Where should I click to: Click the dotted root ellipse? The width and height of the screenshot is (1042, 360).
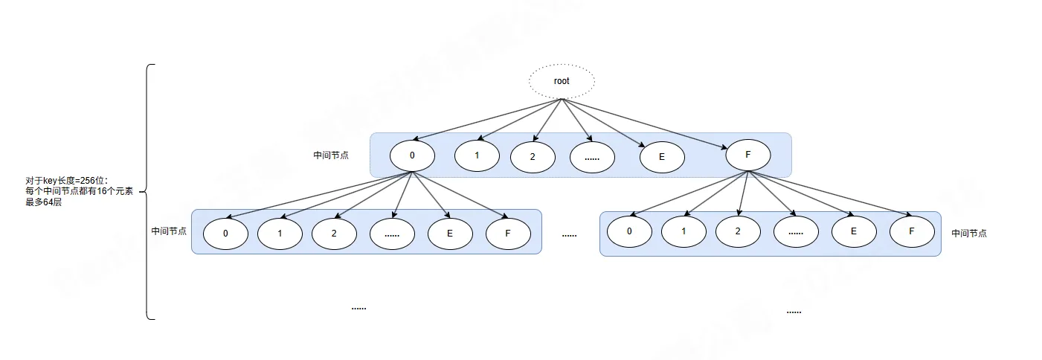pos(562,81)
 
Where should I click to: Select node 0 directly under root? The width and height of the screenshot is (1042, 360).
pos(412,155)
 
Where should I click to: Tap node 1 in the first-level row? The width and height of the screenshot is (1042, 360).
pos(477,155)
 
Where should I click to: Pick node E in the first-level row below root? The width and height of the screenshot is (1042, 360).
pos(662,157)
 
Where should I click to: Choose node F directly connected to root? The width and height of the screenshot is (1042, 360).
pos(747,155)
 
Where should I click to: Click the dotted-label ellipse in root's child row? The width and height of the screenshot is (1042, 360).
pos(592,157)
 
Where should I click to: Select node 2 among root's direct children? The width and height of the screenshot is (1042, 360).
pos(533,157)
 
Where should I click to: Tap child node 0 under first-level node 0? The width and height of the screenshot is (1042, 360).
pos(225,233)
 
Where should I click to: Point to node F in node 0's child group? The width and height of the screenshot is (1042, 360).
pos(508,233)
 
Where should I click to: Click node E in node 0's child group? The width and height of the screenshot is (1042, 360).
pos(450,233)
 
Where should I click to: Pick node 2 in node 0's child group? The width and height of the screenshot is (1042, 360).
pos(334,233)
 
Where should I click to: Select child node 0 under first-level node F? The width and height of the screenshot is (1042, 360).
pos(629,231)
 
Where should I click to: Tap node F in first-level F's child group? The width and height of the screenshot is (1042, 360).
pos(912,231)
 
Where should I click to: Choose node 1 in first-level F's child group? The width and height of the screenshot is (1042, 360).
pos(684,231)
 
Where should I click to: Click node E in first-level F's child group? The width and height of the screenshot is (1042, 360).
pos(854,231)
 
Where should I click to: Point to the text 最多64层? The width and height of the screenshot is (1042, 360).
pos(43,202)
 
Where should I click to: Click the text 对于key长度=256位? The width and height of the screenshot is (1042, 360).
pos(66,181)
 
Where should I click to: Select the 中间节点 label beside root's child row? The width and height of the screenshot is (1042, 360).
pos(331,155)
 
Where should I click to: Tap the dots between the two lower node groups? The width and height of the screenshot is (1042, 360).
pos(570,235)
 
